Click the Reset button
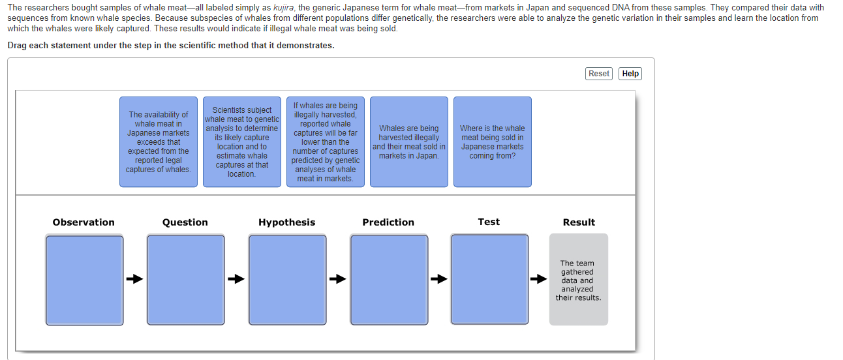598,74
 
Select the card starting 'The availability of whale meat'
159,142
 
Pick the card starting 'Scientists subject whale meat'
241,142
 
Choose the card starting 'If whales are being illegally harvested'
325,142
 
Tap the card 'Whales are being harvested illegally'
409,142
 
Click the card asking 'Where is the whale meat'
492,142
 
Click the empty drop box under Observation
84,279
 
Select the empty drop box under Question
185,279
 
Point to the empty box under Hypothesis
287,279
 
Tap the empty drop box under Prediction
389,279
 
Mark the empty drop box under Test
489,279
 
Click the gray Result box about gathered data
578,280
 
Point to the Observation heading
84,222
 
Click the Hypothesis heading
286,222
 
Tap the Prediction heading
388,222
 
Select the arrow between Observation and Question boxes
134,280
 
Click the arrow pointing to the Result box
538,280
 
